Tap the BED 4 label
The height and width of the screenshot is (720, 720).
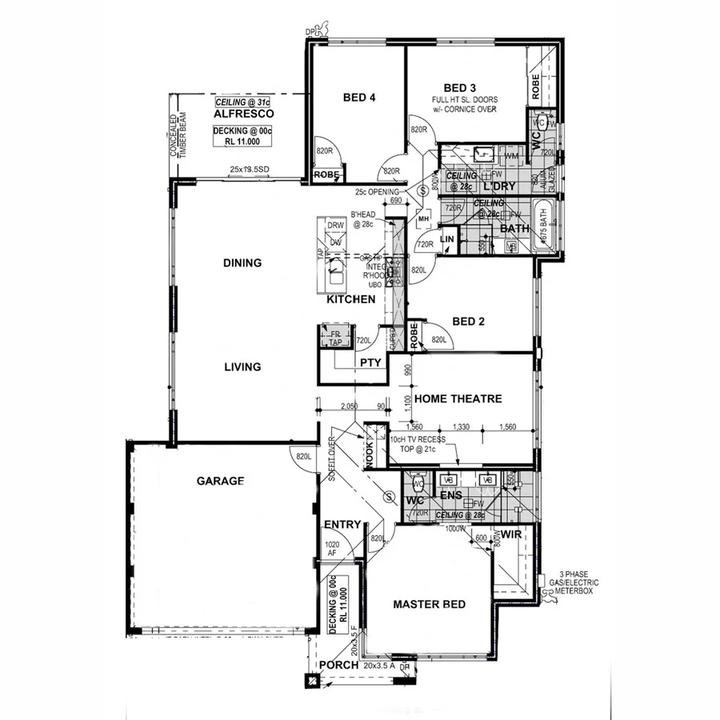click(x=359, y=98)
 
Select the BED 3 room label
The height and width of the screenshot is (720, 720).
click(x=460, y=87)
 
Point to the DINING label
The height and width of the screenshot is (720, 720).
click(x=242, y=262)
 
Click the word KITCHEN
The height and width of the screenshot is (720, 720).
click(x=351, y=298)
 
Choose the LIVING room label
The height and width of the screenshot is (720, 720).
click(x=242, y=367)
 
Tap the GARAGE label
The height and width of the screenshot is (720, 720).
click(x=220, y=481)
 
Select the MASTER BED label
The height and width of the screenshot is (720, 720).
click(x=429, y=604)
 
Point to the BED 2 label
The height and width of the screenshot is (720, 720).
click(x=470, y=322)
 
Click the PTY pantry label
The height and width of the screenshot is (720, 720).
click(x=370, y=362)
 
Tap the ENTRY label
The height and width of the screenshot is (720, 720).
click(x=343, y=525)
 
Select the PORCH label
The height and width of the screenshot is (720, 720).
click(x=338, y=666)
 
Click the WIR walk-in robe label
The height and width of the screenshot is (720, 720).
click(x=510, y=534)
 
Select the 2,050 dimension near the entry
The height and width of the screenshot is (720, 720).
click(x=349, y=408)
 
